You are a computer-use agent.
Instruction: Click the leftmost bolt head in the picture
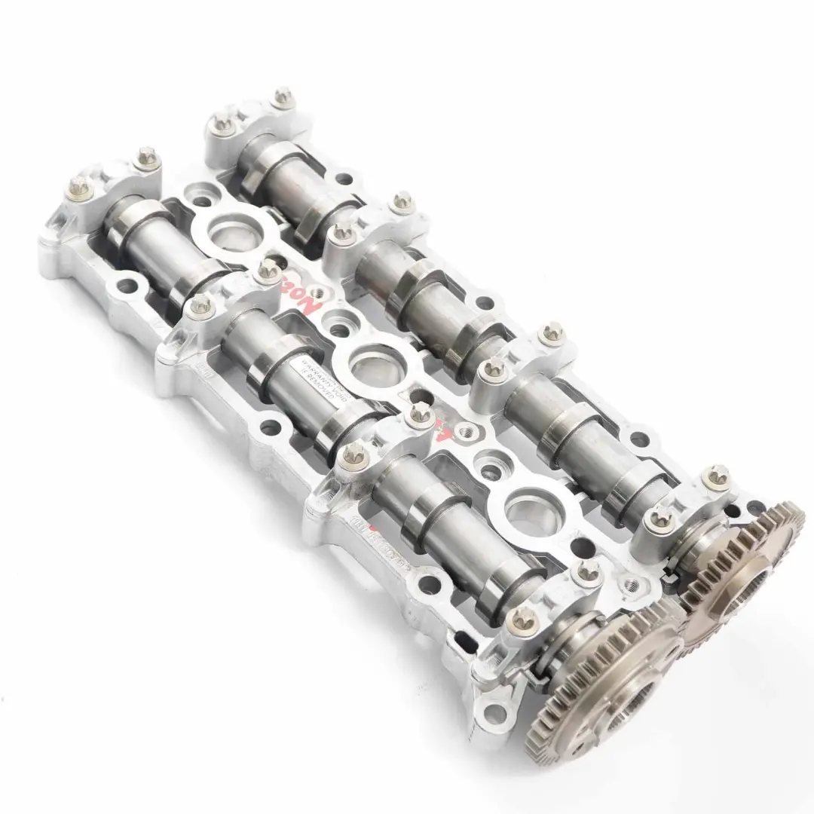(x=78, y=187)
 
